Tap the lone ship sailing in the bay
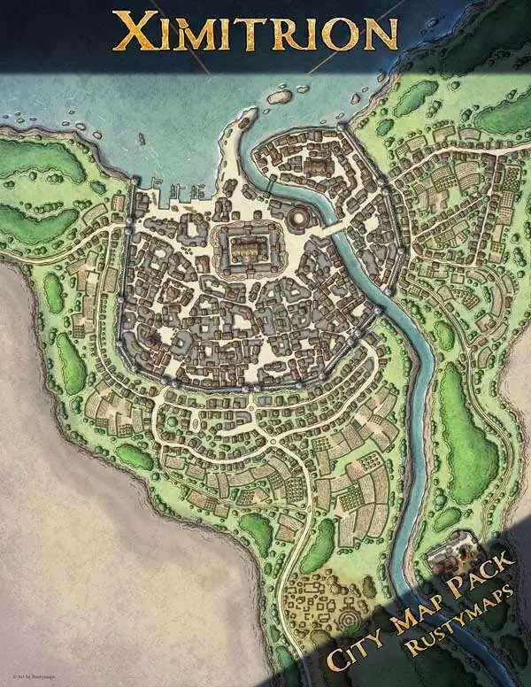click(x=141, y=139)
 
